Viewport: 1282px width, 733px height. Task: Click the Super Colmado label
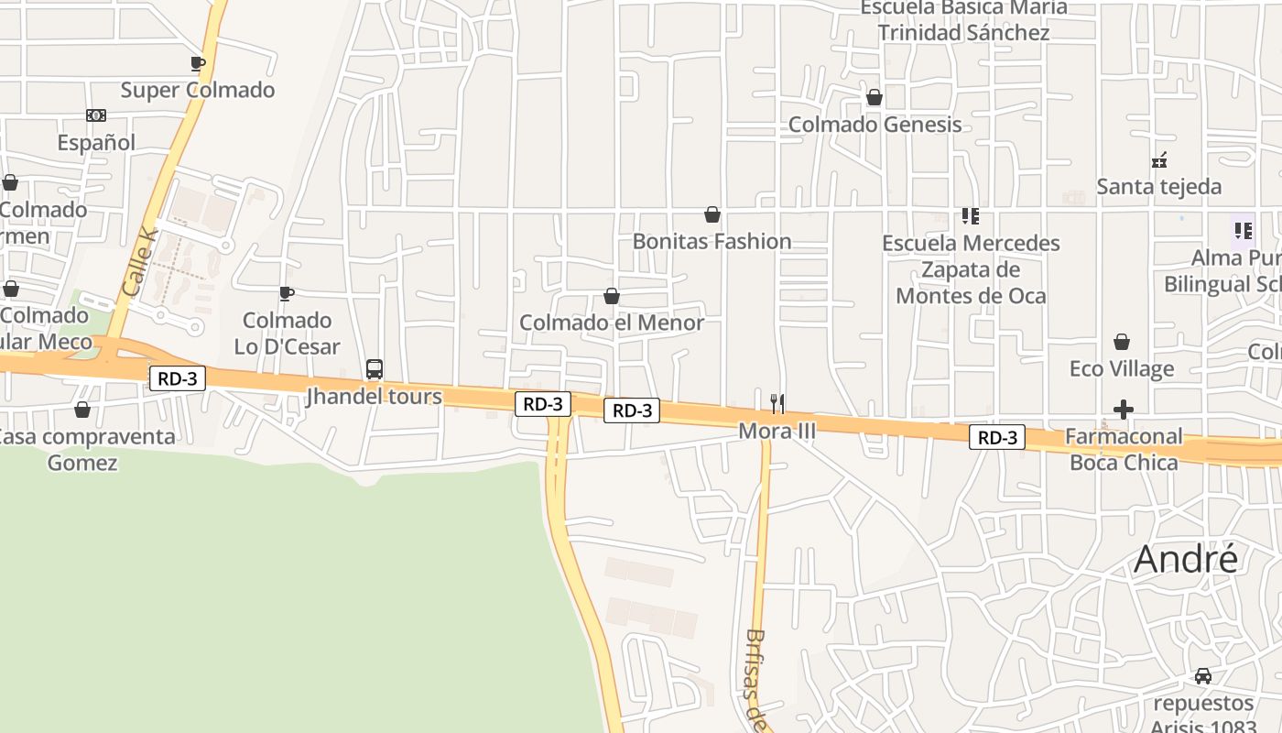tap(198, 90)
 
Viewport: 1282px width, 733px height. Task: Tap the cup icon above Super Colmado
tap(197, 63)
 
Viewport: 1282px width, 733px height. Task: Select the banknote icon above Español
tap(96, 115)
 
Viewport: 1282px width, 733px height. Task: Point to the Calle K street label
tap(140, 262)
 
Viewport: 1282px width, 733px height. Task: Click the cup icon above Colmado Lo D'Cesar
tap(287, 293)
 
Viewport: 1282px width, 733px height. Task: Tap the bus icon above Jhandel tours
tap(374, 369)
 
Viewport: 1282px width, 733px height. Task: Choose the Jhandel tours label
tap(374, 397)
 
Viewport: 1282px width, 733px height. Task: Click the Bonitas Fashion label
tap(712, 242)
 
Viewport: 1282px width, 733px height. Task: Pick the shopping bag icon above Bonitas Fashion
tap(712, 215)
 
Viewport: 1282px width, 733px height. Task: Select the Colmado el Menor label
tap(612, 323)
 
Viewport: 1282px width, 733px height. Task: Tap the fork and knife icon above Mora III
tap(777, 402)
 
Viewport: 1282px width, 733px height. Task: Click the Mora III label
tap(777, 429)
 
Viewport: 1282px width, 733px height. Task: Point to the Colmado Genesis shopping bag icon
tap(875, 97)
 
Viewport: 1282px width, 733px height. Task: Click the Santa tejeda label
tap(1158, 187)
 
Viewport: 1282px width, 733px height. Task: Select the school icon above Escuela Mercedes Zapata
tap(971, 216)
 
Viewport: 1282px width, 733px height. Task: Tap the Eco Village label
tap(1122, 369)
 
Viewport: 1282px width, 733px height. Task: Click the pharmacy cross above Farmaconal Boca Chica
tap(1124, 409)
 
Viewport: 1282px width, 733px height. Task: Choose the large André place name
tap(1186, 559)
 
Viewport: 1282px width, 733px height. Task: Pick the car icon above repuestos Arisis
tap(1203, 676)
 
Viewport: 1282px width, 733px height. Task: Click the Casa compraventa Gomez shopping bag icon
tap(82, 410)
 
